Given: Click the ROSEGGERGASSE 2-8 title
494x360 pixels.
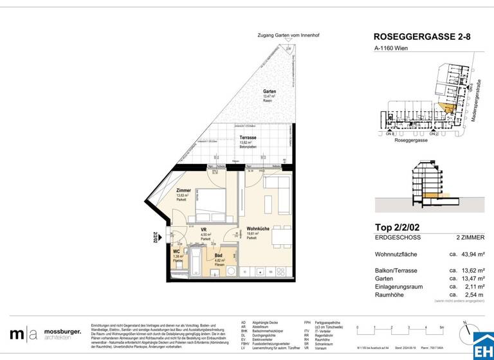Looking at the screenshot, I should pyautogui.click(x=422, y=37).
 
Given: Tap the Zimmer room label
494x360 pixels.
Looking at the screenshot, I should pyautogui.click(x=184, y=191).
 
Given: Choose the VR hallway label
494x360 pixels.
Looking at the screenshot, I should pyautogui.click(x=203, y=230).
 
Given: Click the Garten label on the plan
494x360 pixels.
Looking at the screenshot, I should pyautogui.click(x=270, y=92).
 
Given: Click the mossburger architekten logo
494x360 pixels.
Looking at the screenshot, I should pyautogui.click(x=45, y=334).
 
